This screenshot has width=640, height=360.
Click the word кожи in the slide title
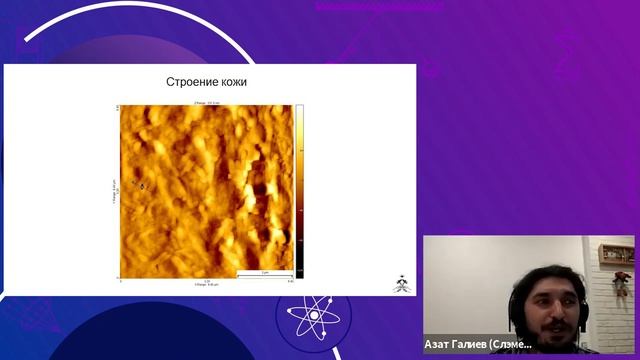coord(232,82)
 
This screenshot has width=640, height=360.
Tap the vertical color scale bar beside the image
coord(299,190)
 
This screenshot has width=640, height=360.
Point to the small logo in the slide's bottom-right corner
coord(400,284)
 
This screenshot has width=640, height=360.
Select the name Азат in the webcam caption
coord(439,343)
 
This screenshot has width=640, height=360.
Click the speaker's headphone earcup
coord(513,301)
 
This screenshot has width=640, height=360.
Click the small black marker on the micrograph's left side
coord(141,186)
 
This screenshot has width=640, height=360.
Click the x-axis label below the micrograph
coord(206,285)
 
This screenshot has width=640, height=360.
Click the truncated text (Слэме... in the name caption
coord(514,343)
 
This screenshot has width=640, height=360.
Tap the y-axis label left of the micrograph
coord(113,190)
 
